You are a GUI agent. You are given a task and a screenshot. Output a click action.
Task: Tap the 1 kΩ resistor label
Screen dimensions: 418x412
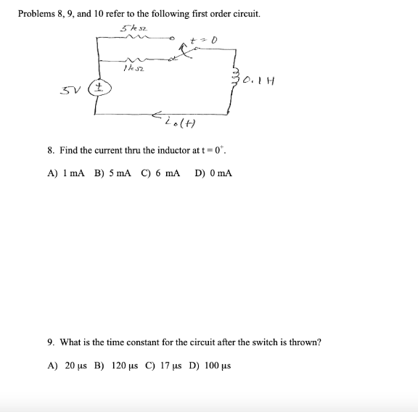(131, 69)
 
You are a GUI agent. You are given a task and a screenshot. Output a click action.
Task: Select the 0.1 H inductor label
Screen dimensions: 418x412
(257, 80)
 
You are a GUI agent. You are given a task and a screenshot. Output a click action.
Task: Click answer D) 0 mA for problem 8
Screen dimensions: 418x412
(213, 174)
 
